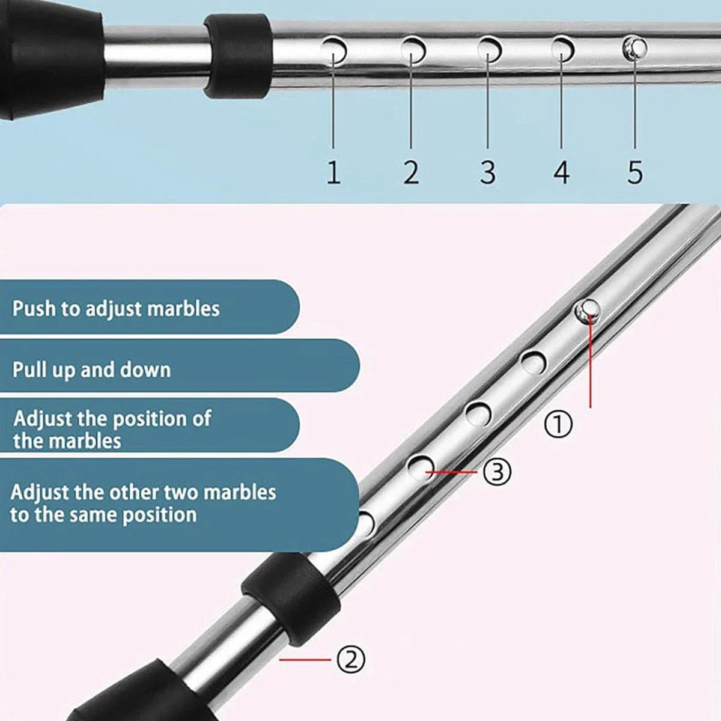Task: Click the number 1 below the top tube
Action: [333, 172]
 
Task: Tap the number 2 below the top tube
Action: [411, 172]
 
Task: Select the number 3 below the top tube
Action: [488, 172]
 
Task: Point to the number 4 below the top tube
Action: [562, 172]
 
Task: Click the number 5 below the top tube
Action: [635, 172]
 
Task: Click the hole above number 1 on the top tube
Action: [333, 50]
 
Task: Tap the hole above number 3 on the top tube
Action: [490, 49]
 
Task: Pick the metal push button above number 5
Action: [634, 48]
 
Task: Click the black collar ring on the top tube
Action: [237, 56]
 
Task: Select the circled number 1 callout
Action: [558, 424]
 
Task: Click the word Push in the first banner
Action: [34, 309]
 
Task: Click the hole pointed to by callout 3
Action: [421, 468]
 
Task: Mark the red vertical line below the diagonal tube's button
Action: [590, 362]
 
